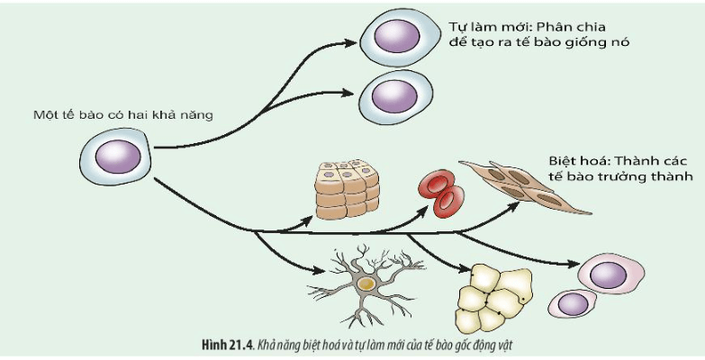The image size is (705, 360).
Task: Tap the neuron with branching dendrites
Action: (x=364, y=283)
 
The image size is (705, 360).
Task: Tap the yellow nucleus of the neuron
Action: (x=365, y=283)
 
